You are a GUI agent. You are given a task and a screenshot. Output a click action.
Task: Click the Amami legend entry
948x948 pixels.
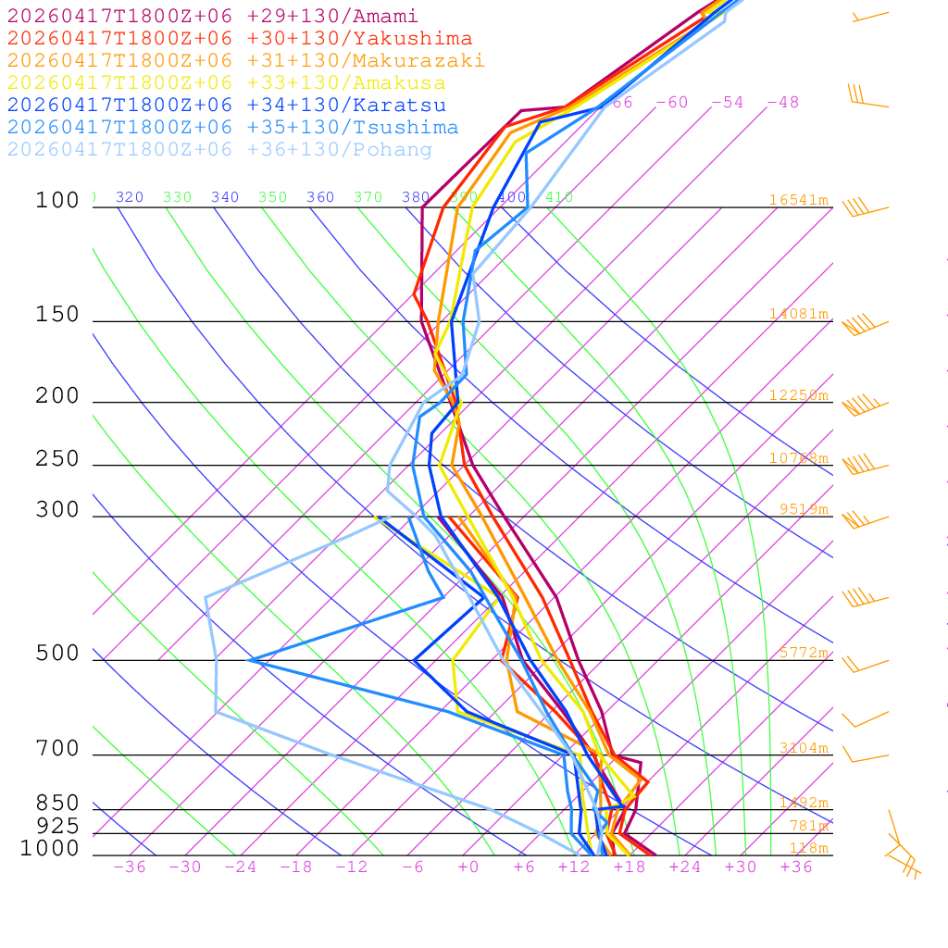tap(212, 17)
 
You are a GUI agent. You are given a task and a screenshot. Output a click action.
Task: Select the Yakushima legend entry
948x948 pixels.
tap(239, 39)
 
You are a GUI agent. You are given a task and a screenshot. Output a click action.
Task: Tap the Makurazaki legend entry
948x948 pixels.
tap(245, 61)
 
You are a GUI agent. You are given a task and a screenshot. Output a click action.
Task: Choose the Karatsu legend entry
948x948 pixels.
tap(226, 106)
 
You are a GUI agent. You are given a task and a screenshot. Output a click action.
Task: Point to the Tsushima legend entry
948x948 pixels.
tap(232, 128)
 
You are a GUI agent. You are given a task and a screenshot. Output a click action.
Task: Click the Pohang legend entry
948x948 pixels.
tap(219, 150)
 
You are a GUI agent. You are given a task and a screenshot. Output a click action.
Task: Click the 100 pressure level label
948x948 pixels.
tap(57, 201)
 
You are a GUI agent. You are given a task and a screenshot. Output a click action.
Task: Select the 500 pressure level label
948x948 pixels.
tap(57, 654)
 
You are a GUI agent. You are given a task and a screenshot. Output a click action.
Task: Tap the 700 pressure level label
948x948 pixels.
tap(57, 749)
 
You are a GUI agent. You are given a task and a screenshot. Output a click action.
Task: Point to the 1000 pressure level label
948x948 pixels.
tap(50, 849)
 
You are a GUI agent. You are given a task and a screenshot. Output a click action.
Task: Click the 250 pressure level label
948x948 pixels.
tap(57, 459)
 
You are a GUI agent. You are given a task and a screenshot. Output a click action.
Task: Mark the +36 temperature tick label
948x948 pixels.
tap(796, 867)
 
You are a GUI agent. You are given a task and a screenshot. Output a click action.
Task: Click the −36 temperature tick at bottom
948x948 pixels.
tap(130, 867)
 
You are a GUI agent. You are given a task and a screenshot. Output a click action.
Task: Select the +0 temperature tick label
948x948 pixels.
tap(468, 867)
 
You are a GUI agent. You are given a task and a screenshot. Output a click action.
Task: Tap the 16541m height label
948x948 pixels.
tap(798, 200)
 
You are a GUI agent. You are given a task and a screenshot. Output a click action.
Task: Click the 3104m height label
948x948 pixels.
tap(803, 748)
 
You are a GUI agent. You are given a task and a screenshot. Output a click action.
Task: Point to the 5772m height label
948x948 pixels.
tap(803, 653)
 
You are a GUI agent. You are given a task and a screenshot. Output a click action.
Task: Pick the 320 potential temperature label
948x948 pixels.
tap(130, 197)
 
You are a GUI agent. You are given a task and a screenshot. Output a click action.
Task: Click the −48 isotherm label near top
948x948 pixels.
tap(782, 103)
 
